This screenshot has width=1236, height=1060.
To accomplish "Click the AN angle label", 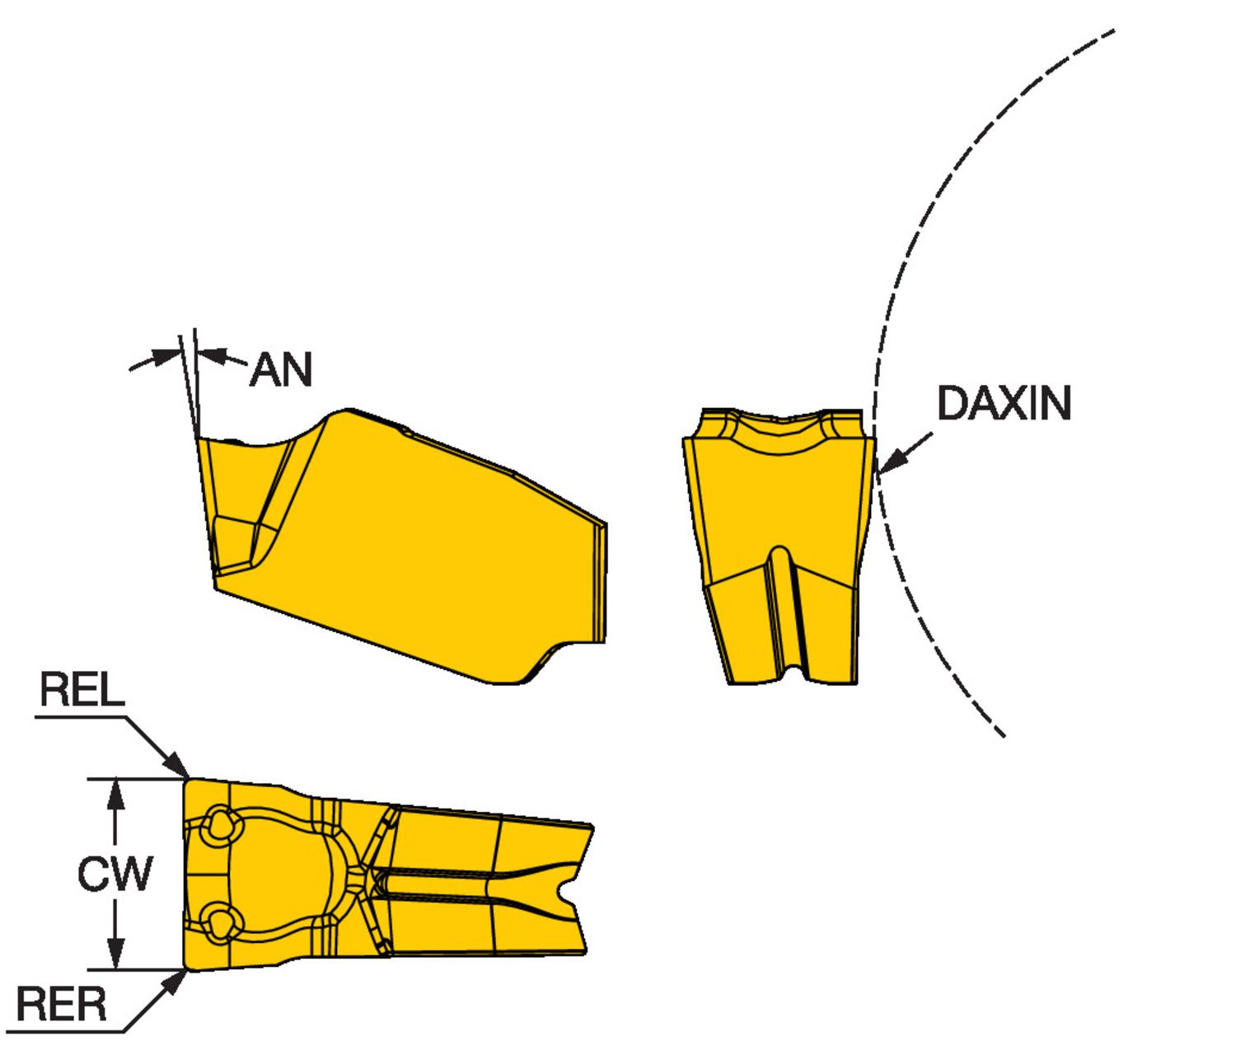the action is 281,369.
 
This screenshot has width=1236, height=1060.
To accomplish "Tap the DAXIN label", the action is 1004,403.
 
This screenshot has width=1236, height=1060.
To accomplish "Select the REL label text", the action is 82,689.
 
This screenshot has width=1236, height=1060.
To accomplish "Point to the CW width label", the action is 115,874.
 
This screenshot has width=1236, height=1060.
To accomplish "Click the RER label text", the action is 61,1004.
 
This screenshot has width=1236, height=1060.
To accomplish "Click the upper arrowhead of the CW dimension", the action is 116,795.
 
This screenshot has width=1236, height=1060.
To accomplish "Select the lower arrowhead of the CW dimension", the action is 116,953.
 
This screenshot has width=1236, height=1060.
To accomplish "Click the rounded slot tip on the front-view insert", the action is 780,554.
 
